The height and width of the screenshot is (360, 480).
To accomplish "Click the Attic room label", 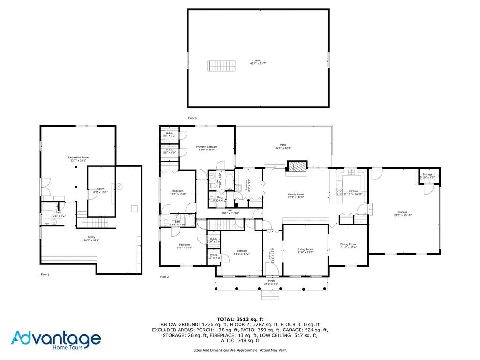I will pyautogui.click(x=258, y=61).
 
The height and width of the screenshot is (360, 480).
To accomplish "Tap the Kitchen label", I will pyautogui.click(x=352, y=192).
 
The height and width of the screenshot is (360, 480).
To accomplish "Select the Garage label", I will pyautogui.click(x=403, y=213).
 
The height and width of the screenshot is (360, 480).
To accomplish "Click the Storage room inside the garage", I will pyautogui.click(x=427, y=176).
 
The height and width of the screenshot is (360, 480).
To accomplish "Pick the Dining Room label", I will pyautogui.click(x=348, y=246).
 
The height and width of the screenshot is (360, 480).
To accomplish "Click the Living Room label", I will pyautogui.click(x=305, y=251).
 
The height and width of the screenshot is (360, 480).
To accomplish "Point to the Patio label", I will pyautogui.click(x=283, y=146).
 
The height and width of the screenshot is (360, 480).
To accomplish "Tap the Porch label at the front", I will pyautogui.click(x=271, y=282).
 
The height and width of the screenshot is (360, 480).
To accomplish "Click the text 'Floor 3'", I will pyautogui.click(x=192, y=118).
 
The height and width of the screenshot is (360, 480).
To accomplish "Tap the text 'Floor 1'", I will pyautogui.click(x=45, y=274).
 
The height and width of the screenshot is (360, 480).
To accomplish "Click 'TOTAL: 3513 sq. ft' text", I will pyautogui.click(x=240, y=319).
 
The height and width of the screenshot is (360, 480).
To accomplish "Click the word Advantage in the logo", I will pyautogui.click(x=56, y=338).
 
